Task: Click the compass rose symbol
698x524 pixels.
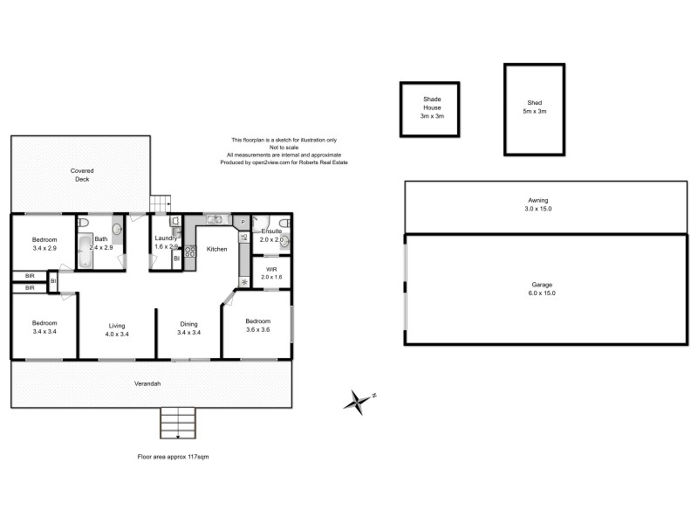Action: coord(358,401)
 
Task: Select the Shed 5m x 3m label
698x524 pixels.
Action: coord(534,106)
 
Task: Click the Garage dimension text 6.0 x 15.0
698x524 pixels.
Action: coord(542,293)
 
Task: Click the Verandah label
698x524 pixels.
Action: coord(147,383)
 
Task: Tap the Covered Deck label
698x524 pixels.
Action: coord(82,175)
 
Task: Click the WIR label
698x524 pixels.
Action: coord(270,270)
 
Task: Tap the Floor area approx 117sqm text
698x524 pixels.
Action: coord(173,456)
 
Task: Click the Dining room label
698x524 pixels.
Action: coord(189,324)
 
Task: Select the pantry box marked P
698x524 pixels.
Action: coord(243,222)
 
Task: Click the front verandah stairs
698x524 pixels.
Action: coord(177,424)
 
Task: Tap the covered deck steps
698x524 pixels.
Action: coord(159,203)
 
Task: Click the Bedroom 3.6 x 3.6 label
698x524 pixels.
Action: coord(258,324)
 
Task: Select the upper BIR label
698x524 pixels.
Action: coord(29,277)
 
